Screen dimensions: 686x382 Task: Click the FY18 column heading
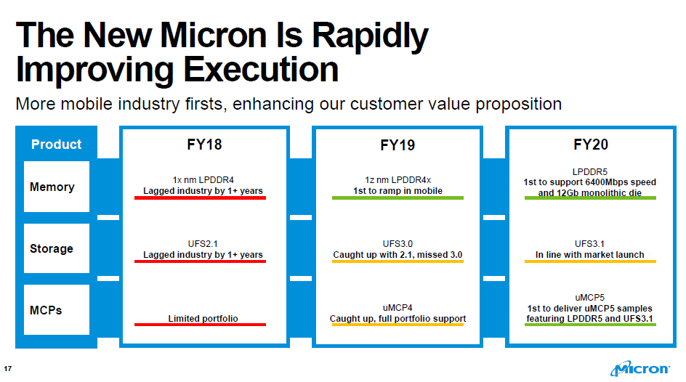click(x=204, y=145)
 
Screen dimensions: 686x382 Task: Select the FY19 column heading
click(x=398, y=145)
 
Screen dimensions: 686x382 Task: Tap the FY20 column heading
click(x=591, y=145)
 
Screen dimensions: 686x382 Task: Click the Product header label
click(x=57, y=145)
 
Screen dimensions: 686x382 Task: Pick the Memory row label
click(x=52, y=187)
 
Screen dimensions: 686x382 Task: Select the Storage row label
click(x=52, y=248)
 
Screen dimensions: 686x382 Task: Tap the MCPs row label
click(x=46, y=310)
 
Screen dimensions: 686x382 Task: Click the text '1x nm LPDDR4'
click(x=203, y=179)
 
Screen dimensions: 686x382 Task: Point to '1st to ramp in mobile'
click(x=398, y=190)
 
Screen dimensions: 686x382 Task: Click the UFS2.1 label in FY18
click(x=203, y=243)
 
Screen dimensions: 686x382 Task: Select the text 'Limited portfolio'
click(x=203, y=318)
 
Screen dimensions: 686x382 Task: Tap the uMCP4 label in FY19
click(x=398, y=308)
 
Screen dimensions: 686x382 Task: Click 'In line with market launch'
click(x=590, y=254)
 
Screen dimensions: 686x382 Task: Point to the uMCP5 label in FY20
click(x=590, y=297)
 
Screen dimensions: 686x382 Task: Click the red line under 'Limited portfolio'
click(x=200, y=325)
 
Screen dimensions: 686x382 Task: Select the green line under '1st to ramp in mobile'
click(x=398, y=198)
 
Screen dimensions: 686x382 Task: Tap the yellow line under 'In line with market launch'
click(x=590, y=261)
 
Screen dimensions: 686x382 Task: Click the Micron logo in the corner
click(x=640, y=368)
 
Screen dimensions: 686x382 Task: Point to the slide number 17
click(x=7, y=368)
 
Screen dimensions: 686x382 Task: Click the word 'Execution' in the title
click(x=261, y=69)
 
